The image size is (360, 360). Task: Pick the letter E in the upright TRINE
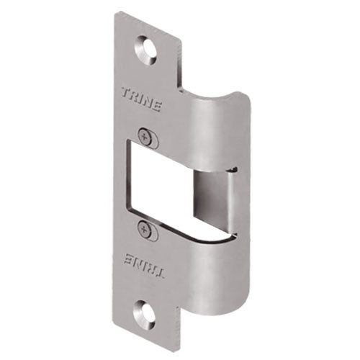click(159, 104)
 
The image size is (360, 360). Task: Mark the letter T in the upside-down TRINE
click(159, 274)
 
